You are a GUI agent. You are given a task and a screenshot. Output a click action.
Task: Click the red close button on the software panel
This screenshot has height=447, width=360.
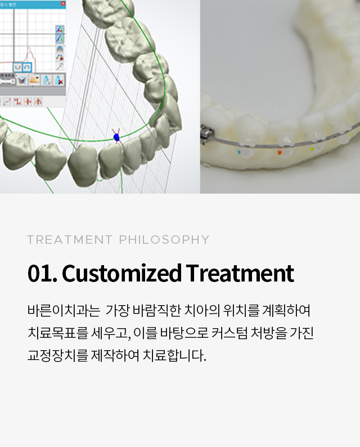63,4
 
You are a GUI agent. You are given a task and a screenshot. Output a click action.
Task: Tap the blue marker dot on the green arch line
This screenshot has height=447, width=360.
116,137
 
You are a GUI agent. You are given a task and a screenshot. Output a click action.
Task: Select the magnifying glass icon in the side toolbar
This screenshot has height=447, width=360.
60,66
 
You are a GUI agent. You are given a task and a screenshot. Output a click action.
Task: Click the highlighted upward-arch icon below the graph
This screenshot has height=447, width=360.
27,68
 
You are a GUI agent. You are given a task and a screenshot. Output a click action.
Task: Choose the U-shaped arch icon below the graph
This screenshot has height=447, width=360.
17,68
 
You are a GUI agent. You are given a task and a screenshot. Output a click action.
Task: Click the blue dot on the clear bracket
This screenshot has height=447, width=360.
239,152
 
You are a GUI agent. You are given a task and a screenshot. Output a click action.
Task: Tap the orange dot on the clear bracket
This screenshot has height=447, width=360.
280,153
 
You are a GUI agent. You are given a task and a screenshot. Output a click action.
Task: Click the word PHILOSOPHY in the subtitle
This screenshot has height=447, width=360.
164,240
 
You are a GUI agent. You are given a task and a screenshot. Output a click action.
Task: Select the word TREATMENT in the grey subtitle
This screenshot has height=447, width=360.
70,240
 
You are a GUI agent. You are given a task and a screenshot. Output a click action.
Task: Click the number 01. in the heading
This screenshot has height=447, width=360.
42,273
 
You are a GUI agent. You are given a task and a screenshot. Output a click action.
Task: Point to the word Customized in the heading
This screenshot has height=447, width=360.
121,273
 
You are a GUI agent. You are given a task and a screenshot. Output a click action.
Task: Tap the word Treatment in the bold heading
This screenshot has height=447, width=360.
240,273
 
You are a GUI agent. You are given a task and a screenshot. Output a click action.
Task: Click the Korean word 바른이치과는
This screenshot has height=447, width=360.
64,310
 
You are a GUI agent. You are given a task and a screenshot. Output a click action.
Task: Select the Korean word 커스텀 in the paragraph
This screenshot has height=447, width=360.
229,333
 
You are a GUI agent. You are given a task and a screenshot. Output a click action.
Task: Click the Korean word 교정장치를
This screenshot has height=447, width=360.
58,355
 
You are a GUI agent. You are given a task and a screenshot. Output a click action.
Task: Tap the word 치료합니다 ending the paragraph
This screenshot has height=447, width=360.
174,355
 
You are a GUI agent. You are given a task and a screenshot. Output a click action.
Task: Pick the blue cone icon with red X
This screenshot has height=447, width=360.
58,80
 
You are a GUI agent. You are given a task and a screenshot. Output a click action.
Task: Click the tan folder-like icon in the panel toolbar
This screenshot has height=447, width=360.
34,80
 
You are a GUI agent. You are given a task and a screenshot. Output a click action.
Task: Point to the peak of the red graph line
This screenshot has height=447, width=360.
29,47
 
